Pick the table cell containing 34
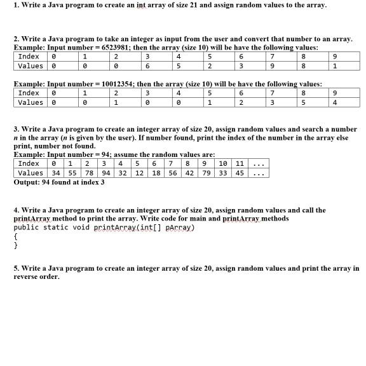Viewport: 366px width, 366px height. coord(56,173)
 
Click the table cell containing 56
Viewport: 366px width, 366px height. coord(173,173)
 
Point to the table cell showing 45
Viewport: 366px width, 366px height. coord(240,173)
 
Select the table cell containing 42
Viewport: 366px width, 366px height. coord(189,173)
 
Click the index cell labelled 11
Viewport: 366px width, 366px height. coord(240,163)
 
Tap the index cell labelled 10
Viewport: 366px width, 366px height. coord(223,163)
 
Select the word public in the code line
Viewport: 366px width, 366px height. coord(26,227)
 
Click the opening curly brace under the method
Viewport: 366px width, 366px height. coord(15,236)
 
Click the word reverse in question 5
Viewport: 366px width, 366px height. coord(28,277)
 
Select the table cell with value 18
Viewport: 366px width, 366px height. coord(156,173)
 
